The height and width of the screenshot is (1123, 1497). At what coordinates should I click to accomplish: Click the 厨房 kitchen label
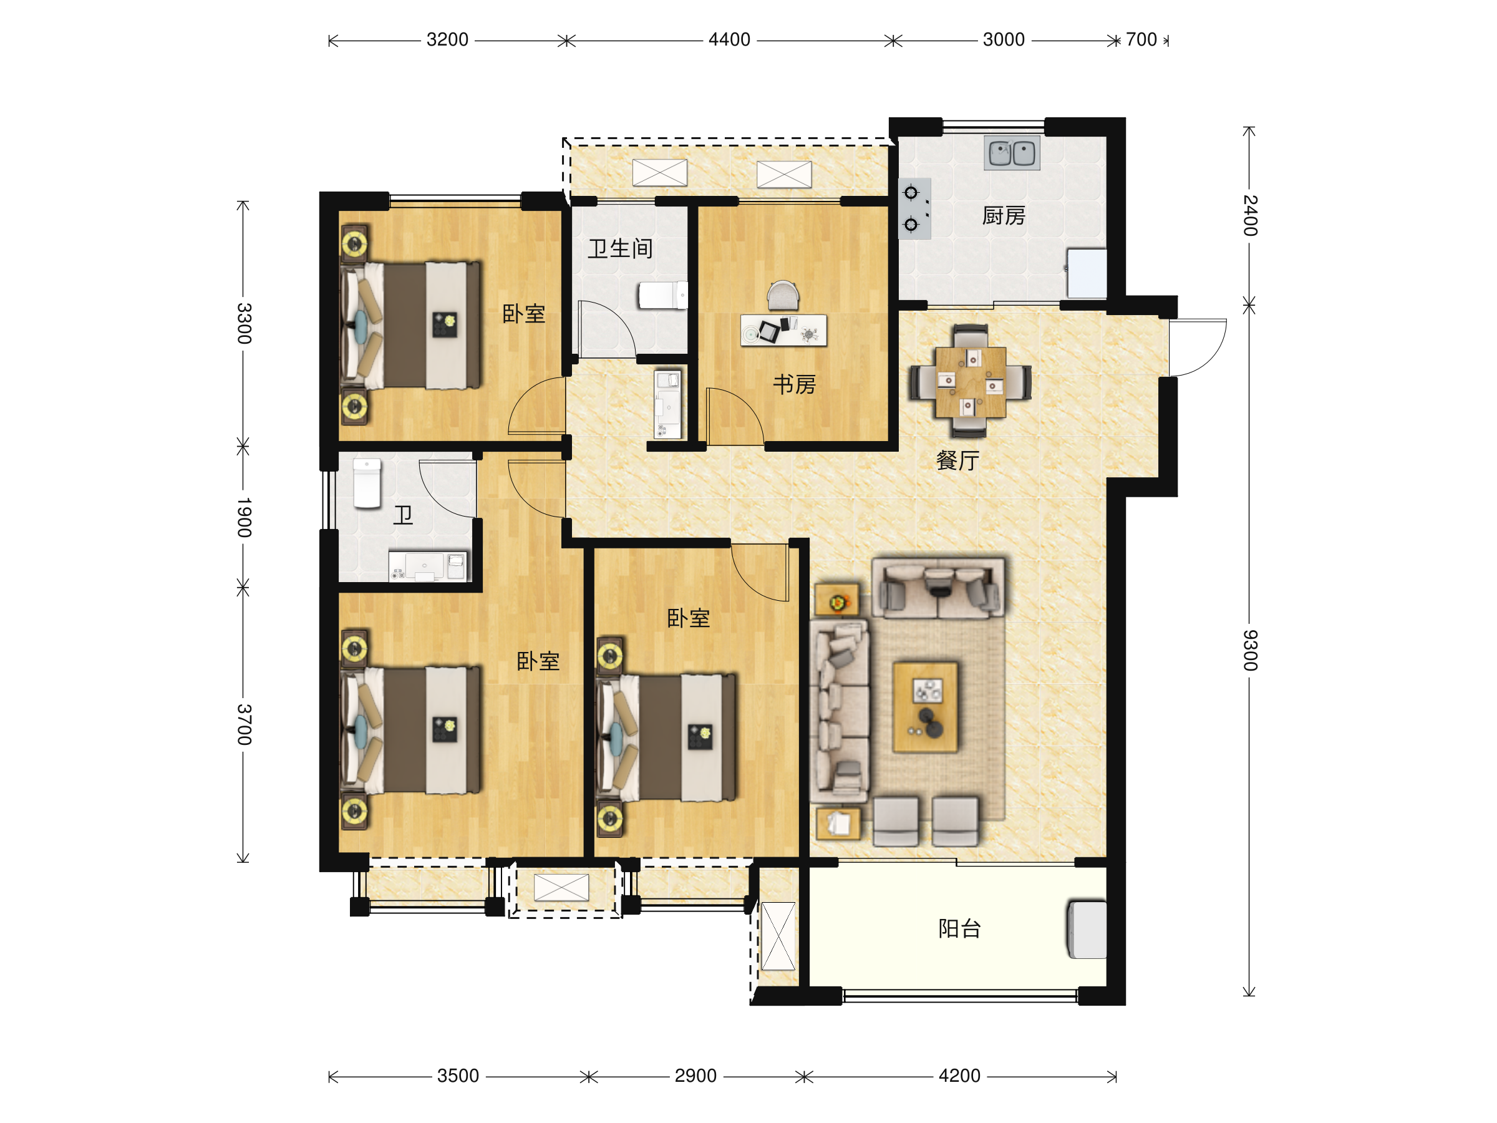pyautogui.click(x=1004, y=216)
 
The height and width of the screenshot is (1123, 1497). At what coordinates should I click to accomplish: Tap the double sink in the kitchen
pyautogui.click(x=1012, y=153)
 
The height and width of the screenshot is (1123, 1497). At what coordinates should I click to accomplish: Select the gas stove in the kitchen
pyautogui.click(x=914, y=208)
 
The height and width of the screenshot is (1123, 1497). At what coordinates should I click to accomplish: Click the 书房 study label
pyautogui.click(x=795, y=384)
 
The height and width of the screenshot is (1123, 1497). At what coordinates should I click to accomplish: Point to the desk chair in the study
pyautogui.click(x=783, y=296)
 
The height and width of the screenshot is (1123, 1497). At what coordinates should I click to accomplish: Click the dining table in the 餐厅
pyautogui.click(x=971, y=382)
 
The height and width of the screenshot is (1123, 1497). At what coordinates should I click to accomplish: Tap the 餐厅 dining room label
pyautogui.click(x=957, y=460)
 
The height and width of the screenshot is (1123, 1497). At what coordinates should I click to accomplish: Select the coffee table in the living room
pyautogui.click(x=925, y=707)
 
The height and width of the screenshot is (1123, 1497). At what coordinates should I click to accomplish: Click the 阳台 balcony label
pyautogui.click(x=960, y=928)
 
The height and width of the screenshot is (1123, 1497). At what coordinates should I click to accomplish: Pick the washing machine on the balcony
pyautogui.click(x=1087, y=929)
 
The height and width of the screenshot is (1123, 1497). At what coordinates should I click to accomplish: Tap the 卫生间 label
pyautogui.click(x=620, y=248)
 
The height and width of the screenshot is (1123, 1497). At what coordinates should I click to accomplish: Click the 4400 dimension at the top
pyautogui.click(x=730, y=40)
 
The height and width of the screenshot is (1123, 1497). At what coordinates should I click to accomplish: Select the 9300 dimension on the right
pyautogui.click(x=1251, y=650)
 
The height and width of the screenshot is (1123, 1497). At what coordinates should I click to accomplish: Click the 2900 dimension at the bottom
pyautogui.click(x=695, y=1076)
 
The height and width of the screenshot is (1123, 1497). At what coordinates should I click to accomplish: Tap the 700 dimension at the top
pyautogui.click(x=1141, y=40)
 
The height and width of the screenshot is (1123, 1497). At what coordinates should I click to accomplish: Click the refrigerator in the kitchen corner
pyautogui.click(x=1087, y=273)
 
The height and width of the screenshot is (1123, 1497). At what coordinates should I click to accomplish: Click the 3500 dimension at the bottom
pyautogui.click(x=458, y=1076)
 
